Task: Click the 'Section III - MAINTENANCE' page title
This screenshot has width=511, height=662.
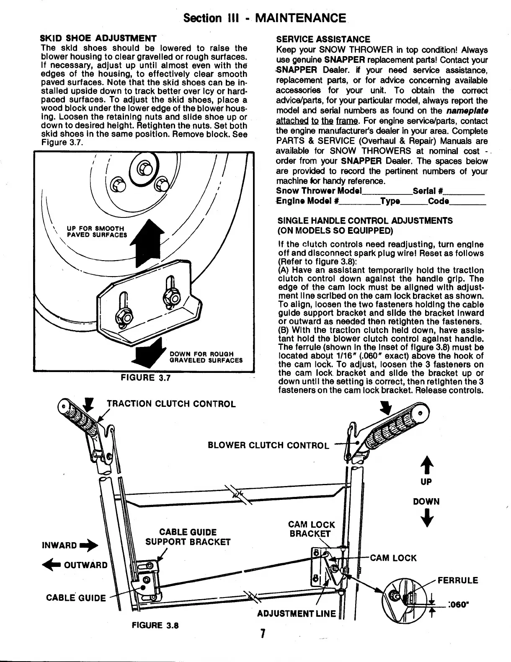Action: (265, 18)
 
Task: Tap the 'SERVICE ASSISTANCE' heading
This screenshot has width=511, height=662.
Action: (323, 39)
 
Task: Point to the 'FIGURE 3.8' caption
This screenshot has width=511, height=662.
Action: (155, 625)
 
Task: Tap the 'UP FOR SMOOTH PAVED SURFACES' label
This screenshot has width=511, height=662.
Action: (96, 231)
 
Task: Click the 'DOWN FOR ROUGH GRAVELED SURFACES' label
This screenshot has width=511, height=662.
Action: (206, 357)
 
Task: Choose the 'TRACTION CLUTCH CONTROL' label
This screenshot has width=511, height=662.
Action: (171, 404)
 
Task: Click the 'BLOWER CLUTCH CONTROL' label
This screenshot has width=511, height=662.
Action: (268, 445)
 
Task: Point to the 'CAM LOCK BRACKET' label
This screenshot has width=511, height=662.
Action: (311, 529)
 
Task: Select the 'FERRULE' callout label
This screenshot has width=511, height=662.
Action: (457, 580)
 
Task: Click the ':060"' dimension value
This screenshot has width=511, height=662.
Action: (457, 605)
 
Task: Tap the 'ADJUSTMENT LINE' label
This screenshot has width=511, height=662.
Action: (297, 614)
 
